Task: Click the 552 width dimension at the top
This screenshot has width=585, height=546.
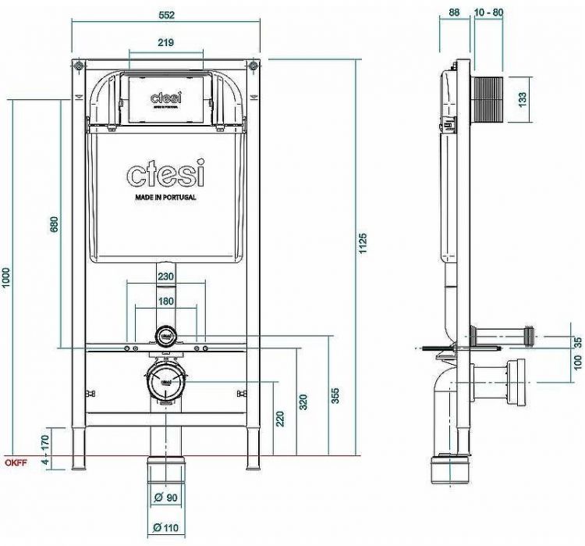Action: [x=165, y=14]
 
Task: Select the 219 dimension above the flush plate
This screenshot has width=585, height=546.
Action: [x=165, y=42]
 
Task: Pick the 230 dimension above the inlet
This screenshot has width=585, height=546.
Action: [x=165, y=276]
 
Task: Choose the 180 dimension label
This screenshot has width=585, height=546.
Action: [x=165, y=301]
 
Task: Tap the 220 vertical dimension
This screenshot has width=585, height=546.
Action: [x=280, y=418]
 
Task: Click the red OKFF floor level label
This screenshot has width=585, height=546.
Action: [x=15, y=463]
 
